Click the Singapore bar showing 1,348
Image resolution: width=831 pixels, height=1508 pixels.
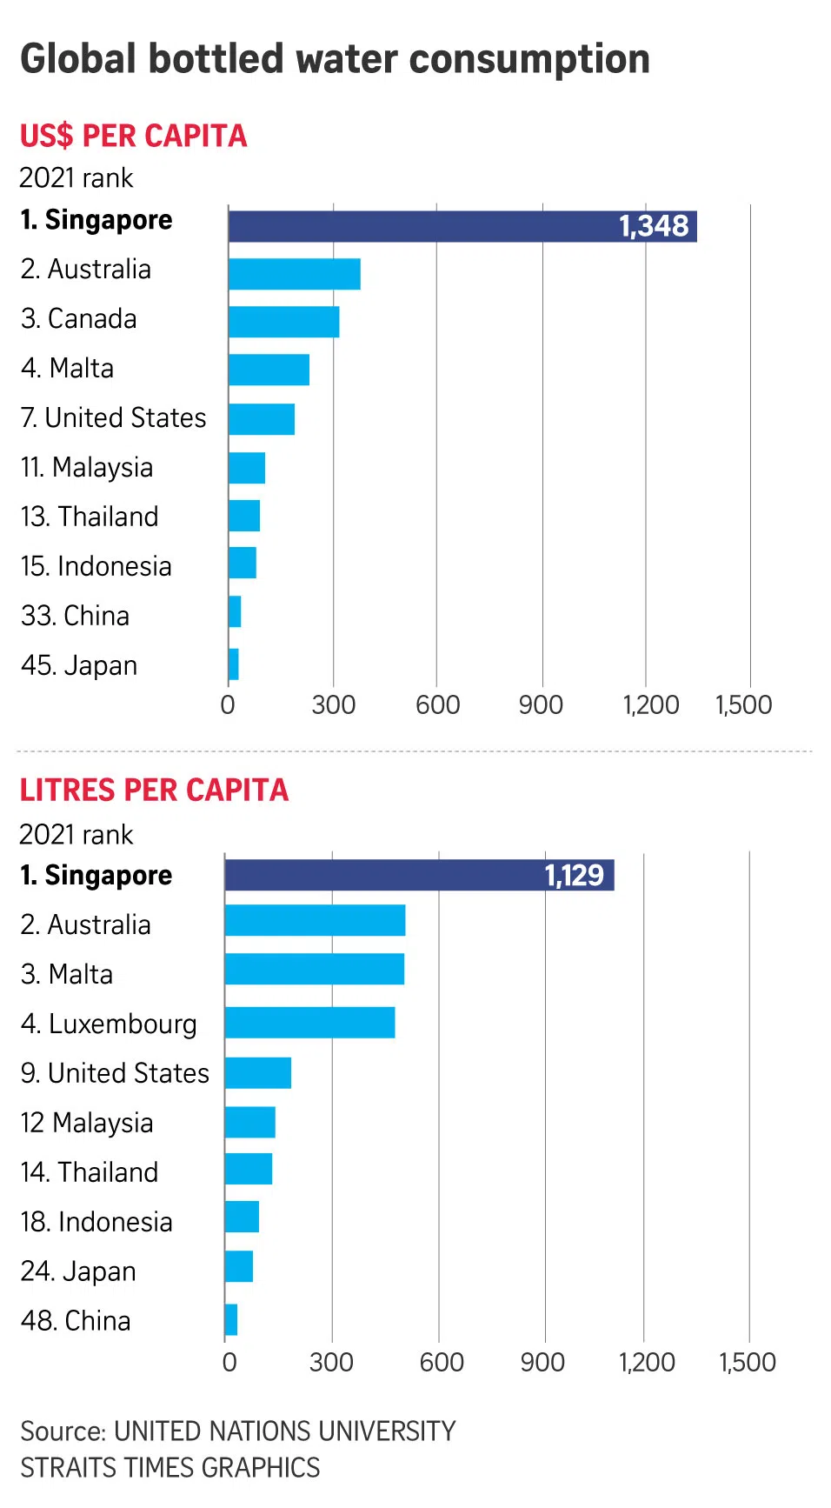461,226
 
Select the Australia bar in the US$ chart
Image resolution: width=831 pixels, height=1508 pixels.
294,274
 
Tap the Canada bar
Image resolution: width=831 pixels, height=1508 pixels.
283,322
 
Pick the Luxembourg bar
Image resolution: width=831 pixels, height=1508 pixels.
309,1023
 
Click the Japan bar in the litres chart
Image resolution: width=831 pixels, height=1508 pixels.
238,1266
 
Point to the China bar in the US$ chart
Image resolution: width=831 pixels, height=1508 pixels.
235,611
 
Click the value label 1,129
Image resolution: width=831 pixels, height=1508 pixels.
574,875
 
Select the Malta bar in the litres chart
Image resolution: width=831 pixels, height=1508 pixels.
314,969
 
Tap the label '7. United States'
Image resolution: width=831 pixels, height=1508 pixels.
113,418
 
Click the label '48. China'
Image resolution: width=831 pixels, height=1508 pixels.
76,1321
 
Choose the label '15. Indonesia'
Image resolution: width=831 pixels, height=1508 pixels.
96,567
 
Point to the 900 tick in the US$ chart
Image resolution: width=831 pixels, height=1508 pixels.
541,704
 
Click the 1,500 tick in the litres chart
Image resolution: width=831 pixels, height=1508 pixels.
748,1362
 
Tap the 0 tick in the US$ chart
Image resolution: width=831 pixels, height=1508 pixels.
228,704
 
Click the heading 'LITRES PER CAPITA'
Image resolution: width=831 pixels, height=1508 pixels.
154,790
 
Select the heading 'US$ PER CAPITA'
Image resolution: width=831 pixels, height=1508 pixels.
134,136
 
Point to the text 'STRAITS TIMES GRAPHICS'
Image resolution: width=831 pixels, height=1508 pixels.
170,1468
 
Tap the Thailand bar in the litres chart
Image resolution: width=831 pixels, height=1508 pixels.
248,1169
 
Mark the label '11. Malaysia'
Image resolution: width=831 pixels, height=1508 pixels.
87,468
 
